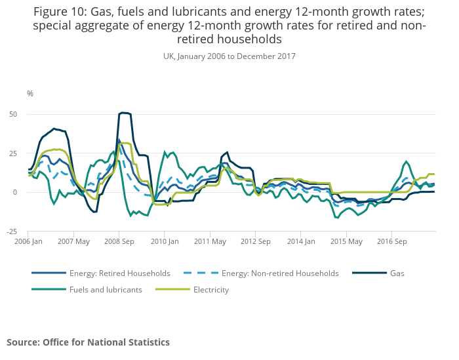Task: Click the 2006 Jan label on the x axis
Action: tap(28, 241)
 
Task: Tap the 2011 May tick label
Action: tap(209, 241)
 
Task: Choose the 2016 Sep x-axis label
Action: tap(391, 241)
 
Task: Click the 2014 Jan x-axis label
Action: tap(300, 241)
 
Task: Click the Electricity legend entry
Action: tap(210, 289)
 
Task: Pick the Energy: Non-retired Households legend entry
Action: tap(281, 273)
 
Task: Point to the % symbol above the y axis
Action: tap(30, 94)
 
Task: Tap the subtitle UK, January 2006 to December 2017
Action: tap(229, 56)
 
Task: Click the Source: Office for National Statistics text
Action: tap(88, 342)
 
